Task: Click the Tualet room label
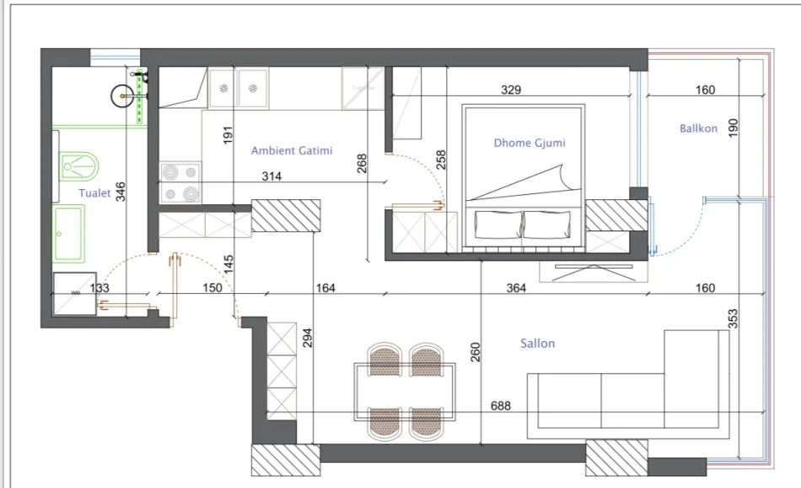pyautogui.click(x=94, y=192)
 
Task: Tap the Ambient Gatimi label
pyautogui.click(x=292, y=150)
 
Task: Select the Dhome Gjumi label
pyautogui.click(x=530, y=143)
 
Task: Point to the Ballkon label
pyautogui.click(x=698, y=128)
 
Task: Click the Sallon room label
pyautogui.click(x=537, y=344)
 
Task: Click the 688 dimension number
pyautogui.click(x=501, y=405)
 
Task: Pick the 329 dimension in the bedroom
pyautogui.click(x=511, y=90)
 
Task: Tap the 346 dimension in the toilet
pyautogui.click(x=120, y=192)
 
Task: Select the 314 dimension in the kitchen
pyautogui.click(x=271, y=176)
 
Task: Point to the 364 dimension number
pyautogui.click(x=516, y=288)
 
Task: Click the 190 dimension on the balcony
pyautogui.click(x=733, y=127)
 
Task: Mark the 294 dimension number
pyautogui.click(x=308, y=338)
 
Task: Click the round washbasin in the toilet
pyautogui.click(x=122, y=95)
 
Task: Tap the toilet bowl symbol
pyautogui.click(x=78, y=166)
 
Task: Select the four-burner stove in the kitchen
pyautogui.click(x=180, y=182)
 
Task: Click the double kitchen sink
pyautogui.click(x=239, y=88)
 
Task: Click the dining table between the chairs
pyautogui.click(x=405, y=392)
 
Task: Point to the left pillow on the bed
pyautogui.click(x=497, y=225)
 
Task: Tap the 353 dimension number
pyautogui.click(x=733, y=318)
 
